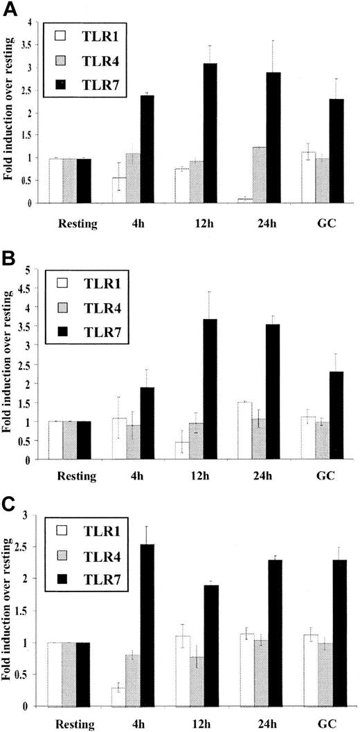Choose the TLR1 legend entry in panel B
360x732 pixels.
click(x=88, y=283)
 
